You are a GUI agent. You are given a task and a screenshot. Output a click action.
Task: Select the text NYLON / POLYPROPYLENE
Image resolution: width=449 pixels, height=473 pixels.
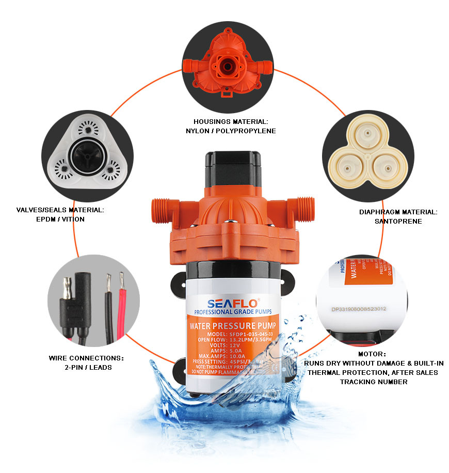[x=231, y=131]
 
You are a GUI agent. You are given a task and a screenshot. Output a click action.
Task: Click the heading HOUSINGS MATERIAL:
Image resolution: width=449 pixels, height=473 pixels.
[x=231, y=121]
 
